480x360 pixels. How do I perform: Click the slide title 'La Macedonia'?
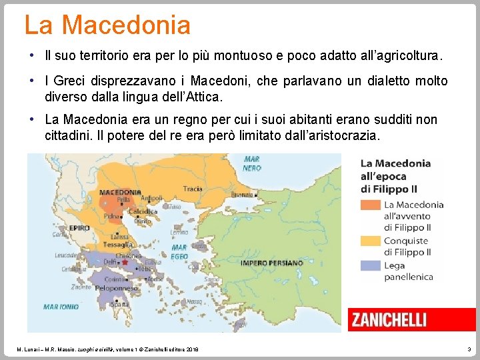pyautogui.click(x=107, y=25)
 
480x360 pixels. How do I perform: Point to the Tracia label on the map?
pyautogui.click(x=193, y=189)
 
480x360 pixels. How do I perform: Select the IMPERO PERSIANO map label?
pyautogui.click(x=271, y=263)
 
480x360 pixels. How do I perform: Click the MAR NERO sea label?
pyautogui.click(x=252, y=163)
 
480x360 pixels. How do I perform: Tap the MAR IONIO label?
pyautogui.click(x=61, y=307)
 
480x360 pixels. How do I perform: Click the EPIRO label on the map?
pyautogui.click(x=79, y=227)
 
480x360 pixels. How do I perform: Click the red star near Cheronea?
pyautogui.click(x=124, y=263)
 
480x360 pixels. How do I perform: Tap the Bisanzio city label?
pyautogui.click(x=243, y=195)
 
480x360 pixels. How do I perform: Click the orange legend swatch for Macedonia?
pyautogui.click(x=370, y=205)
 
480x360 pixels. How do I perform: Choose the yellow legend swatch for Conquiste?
pyautogui.click(x=370, y=240)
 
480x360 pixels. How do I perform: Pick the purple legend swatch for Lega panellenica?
pyautogui.click(x=370, y=265)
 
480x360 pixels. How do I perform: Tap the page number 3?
pyautogui.click(x=469, y=349)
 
